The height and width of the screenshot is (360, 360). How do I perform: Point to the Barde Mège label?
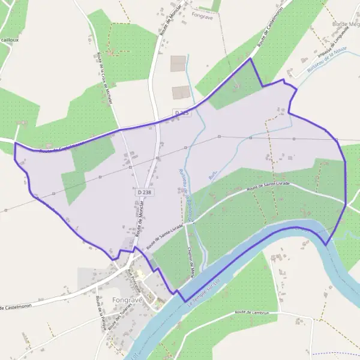(346, 24)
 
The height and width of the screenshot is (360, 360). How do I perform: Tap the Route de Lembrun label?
(250, 312)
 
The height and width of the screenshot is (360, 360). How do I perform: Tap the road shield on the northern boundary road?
(182, 113)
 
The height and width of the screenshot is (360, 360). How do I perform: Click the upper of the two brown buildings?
(179, 64)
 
